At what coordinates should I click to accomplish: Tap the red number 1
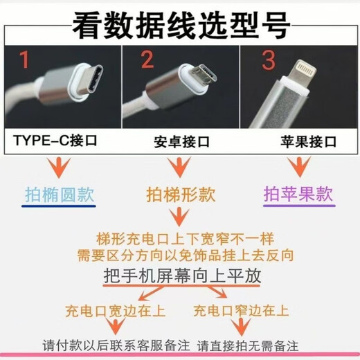(25, 62)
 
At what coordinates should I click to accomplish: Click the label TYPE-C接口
(55, 142)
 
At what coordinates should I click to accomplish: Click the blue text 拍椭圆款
(60, 194)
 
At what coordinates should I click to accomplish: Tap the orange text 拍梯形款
(179, 195)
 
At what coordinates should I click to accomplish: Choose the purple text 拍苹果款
(298, 194)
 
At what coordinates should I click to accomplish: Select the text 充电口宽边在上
(111, 309)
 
